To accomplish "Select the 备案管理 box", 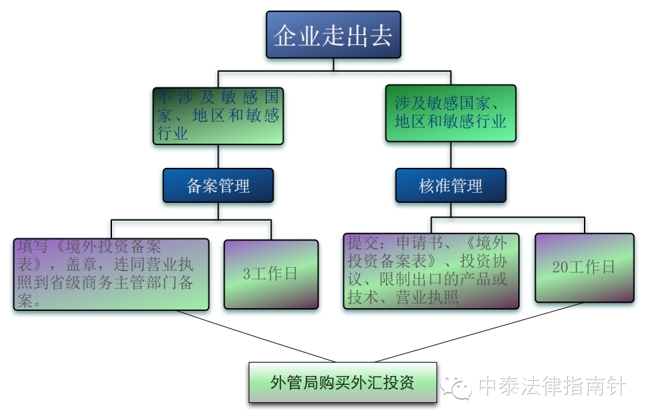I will (218, 185).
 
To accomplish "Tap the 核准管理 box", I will (451, 185).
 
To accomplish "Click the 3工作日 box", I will (271, 274).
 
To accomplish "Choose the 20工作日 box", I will (584, 267).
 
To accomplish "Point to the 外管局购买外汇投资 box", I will (343, 383).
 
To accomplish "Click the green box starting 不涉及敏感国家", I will (218, 115).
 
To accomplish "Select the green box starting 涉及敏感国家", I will (451, 113).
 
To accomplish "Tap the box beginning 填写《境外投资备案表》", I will (111, 273).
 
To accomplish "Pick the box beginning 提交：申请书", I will (431, 271).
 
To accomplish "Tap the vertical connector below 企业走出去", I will (333, 64).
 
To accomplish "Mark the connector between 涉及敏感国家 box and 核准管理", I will (451, 155).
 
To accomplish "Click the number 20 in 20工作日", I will (561, 267).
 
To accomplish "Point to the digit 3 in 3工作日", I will (247, 274).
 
